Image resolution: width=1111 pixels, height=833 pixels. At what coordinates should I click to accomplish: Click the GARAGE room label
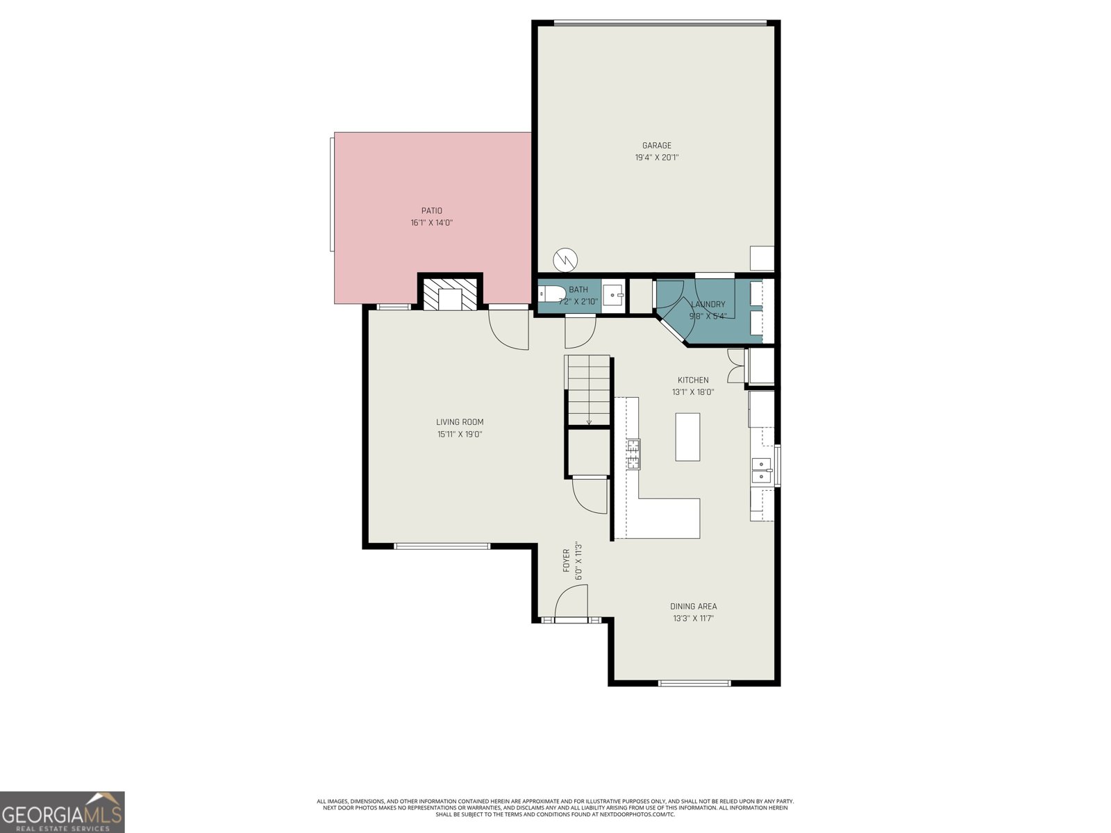coord(656,146)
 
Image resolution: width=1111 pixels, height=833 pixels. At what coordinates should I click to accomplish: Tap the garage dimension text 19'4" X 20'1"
coord(656,158)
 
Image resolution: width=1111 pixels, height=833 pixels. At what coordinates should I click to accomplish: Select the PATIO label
coord(431,211)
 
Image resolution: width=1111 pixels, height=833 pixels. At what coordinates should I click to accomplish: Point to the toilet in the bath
coord(553,294)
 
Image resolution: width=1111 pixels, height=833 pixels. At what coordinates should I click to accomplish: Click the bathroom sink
coord(612,295)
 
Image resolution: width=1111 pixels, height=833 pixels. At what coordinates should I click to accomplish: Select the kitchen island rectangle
coord(687,437)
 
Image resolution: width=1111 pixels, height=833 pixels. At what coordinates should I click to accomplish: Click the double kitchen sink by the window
coord(762,470)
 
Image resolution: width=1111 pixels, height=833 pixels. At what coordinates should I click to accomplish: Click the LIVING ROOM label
coord(460,422)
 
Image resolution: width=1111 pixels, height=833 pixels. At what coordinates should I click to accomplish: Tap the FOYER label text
coord(566,561)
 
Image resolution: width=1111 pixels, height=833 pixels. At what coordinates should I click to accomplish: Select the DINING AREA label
coord(693,606)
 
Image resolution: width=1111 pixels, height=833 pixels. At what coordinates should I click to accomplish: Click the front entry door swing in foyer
coord(571,601)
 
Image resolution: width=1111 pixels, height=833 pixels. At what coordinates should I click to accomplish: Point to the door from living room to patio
coord(509,329)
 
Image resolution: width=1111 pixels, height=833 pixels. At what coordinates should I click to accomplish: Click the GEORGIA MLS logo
coord(62,811)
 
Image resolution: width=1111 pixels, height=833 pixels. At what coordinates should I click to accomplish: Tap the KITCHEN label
coord(693,380)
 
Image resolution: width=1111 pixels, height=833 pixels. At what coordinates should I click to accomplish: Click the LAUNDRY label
coord(708,304)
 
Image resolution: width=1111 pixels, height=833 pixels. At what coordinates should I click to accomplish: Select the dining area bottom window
coord(694,683)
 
